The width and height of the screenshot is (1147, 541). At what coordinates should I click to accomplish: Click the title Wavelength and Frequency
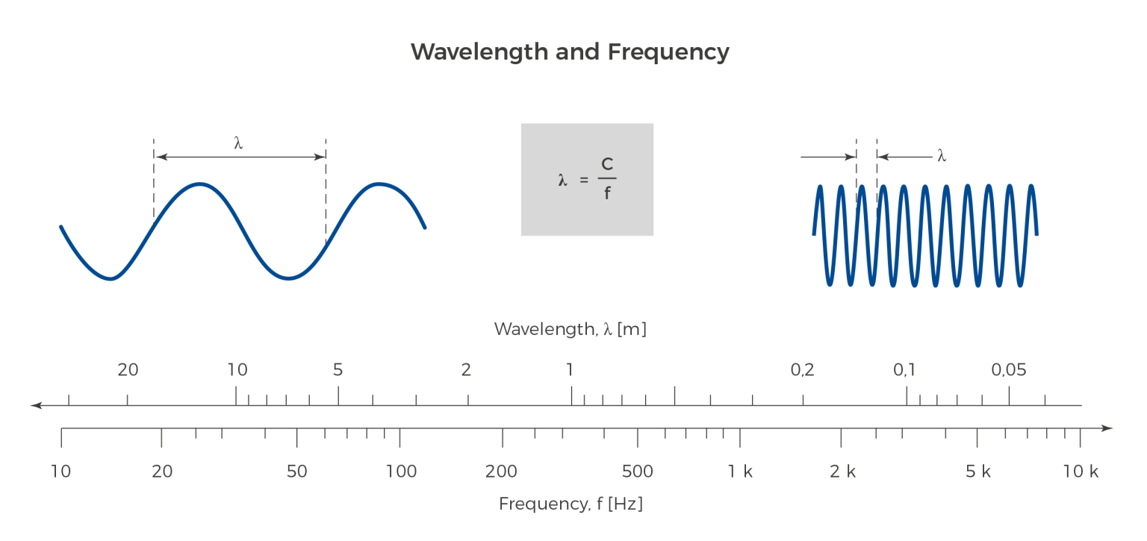[570, 52]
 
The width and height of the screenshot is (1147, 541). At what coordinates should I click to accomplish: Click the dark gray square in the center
[587, 180]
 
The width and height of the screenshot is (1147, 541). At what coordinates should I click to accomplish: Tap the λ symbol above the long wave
[239, 143]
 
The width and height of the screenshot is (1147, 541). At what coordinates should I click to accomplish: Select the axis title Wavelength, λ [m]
[570, 329]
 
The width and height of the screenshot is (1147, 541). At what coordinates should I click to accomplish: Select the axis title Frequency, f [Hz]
[571, 504]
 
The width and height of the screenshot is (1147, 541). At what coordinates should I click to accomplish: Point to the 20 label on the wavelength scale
[128, 369]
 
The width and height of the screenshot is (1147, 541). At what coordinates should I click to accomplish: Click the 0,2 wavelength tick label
[802, 369]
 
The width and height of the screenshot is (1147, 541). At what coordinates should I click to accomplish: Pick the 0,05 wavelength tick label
[1009, 369]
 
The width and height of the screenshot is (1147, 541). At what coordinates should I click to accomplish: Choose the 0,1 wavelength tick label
[904, 369]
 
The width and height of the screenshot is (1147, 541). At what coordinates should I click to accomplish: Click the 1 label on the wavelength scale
[570, 369]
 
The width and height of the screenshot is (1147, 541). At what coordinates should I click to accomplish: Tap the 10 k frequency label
[1081, 472]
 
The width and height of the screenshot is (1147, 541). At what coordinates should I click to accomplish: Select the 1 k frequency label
[741, 472]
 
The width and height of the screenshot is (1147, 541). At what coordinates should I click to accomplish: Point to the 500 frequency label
[637, 472]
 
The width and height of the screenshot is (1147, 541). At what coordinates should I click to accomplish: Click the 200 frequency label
[501, 472]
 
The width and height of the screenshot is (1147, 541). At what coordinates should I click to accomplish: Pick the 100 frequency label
[401, 472]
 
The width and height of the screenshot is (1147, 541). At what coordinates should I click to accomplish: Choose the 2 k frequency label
[843, 472]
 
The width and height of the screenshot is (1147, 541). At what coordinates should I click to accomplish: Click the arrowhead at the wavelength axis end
[34, 405]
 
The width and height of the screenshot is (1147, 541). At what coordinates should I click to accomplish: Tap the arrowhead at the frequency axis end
[1108, 428]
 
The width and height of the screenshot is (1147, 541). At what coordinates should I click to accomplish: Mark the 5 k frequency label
[978, 472]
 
